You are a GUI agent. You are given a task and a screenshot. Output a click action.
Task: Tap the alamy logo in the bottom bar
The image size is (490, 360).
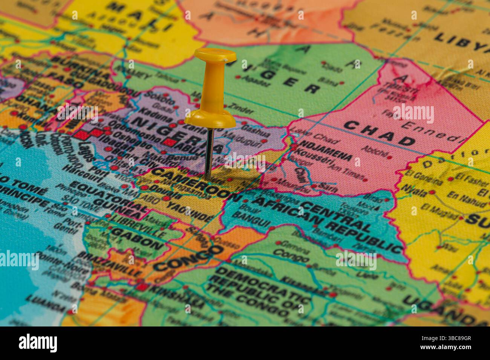click(x=38, y=343)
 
